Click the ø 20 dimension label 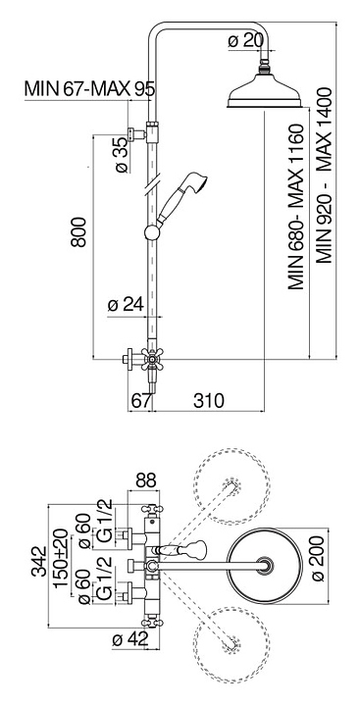pyautogui.click(x=245, y=41)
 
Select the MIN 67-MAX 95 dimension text pyautogui.click(x=89, y=88)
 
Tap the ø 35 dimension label pyautogui.click(x=122, y=155)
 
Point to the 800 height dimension pyautogui.click(x=78, y=231)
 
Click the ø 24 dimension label pyautogui.click(x=126, y=306)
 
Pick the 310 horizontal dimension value pyautogui.click(x=208, y=400)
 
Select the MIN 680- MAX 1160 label pyautogui.click(x=296, y=207)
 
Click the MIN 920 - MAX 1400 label pyautogui.click(x=324, y=176)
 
